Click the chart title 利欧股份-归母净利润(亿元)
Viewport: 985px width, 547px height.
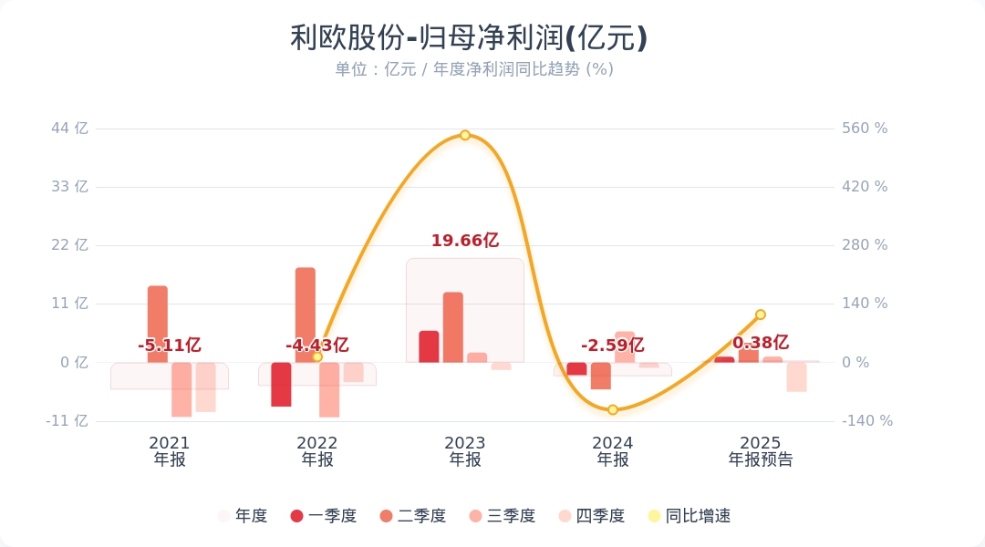(x=469, y=38)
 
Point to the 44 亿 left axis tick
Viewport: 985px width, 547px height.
(x=69, y=129)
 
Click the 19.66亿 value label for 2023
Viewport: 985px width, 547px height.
(x=465, y=241)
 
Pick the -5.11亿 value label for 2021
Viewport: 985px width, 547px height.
(x=170, y=346)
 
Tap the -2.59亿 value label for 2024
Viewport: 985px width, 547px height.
(x=613, y=346)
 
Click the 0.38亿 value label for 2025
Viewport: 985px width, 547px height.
(x=761, y=343)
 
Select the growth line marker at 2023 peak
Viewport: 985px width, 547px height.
(x=465, y=135)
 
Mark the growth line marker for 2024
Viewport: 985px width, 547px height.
(x=613, y=410)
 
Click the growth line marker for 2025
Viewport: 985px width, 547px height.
(x=761, y=315)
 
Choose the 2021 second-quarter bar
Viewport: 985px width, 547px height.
(x=158, y=324)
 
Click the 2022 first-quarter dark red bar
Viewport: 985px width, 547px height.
(x=281, y=384)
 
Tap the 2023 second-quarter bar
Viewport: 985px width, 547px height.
(x=453, y=327)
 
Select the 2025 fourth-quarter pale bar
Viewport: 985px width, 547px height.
(x=797, y=377)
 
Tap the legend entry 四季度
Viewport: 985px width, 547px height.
(x=592, y=516)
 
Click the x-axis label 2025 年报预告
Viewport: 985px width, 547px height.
(x=761, y=451)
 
